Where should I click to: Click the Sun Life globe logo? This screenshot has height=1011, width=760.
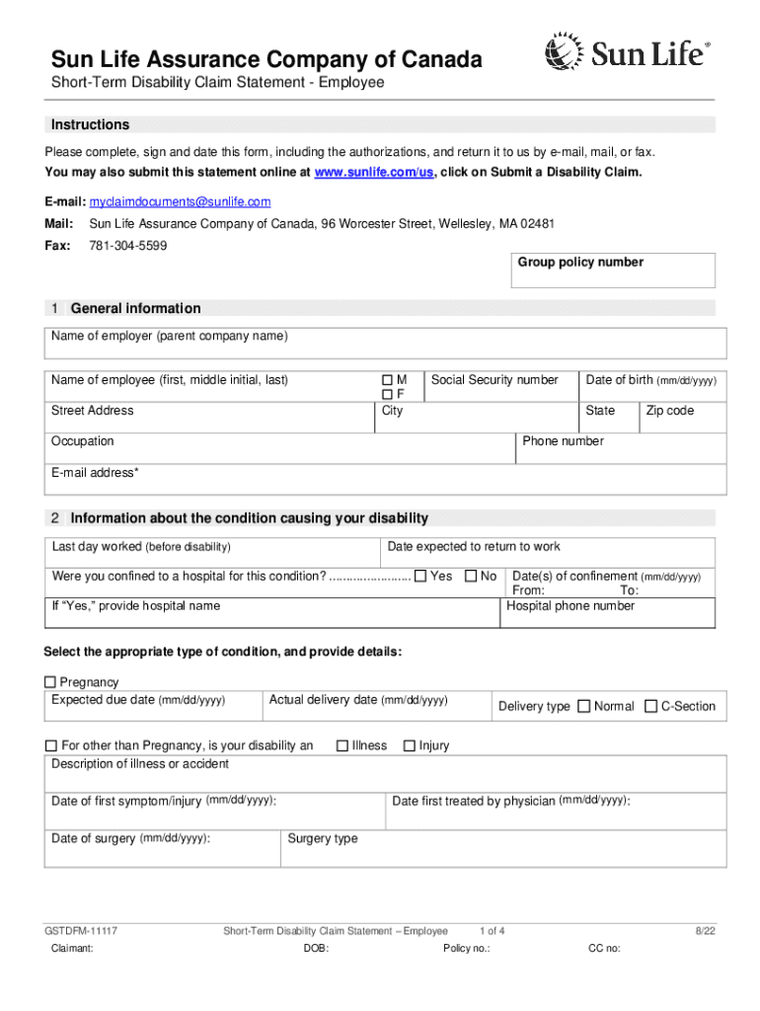tap(564, 51)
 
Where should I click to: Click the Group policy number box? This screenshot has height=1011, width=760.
tap(612, 271)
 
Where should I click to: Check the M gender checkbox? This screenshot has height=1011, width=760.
tap(387, 380)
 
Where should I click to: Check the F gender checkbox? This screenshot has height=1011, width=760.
tap(387, 395)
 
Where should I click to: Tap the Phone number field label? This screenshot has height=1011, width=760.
tap(563, 441)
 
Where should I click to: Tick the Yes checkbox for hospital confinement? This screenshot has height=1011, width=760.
tap(420, 576)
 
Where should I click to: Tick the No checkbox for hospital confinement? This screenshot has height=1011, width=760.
tap(471, 576)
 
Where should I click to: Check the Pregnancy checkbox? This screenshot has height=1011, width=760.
tap(50, 682)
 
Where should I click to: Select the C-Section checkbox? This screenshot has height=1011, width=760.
tap(650, 706)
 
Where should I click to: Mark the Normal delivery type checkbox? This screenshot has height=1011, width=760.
tap(583, 706)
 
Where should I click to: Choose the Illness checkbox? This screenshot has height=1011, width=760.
tap(342, 745)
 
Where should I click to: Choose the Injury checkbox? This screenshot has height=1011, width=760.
tap(409, 745)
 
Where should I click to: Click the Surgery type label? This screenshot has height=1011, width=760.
tap(322, 839)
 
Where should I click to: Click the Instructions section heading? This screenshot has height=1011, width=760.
tap(90, 125)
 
